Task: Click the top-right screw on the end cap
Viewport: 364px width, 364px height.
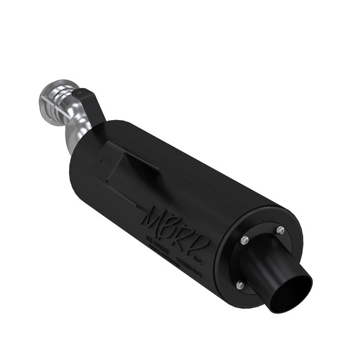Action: (280, 229)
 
